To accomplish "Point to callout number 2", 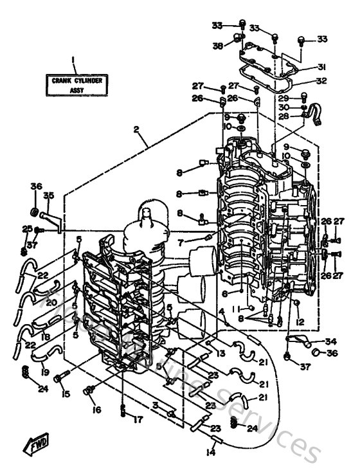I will tap(136, 129).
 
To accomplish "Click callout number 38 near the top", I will tap(218, 46).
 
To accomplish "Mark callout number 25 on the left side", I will tap(27, 228).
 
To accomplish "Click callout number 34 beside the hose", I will tap(330, 341).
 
